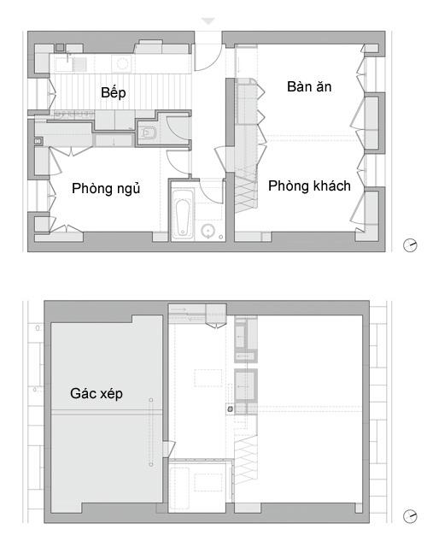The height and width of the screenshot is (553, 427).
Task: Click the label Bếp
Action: (113, 93)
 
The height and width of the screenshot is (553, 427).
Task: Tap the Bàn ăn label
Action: (309, 87)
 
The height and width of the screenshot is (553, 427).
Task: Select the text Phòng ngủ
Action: (106, 188)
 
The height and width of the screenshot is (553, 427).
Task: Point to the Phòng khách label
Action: (309, 185)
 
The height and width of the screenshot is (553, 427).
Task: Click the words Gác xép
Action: (97, 393)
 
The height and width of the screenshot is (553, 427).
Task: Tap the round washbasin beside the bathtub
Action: (208, 231)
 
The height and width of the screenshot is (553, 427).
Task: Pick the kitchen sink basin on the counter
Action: (63, 65)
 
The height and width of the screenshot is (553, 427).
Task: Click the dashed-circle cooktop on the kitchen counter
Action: (122, 64)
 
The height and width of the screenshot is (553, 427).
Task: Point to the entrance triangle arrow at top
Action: (208, 21)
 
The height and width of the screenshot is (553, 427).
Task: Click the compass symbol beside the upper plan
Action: (410, 245)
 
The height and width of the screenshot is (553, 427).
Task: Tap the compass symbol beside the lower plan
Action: (410, 516)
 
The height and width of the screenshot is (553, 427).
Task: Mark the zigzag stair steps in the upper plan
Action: (246, 193)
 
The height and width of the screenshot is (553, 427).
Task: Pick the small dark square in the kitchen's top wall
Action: (60, 47)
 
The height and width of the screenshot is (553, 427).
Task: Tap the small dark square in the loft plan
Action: (230, 409)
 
